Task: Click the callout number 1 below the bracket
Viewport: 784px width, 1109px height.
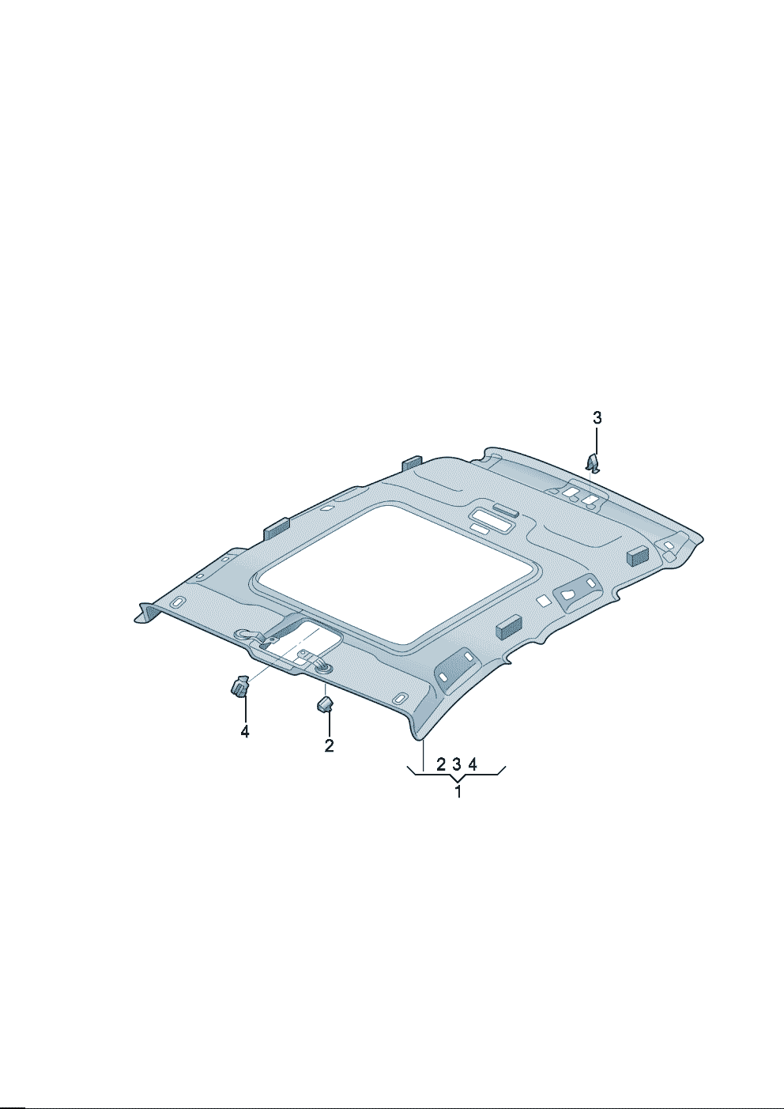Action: point(458,791)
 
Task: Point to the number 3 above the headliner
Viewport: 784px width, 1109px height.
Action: point(597,418)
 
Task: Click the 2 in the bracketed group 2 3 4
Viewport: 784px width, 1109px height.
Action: point(441,764)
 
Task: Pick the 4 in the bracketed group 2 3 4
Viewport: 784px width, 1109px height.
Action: point(473,764)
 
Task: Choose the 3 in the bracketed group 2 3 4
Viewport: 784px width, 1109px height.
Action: point(457,764)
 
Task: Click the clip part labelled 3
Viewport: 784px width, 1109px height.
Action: point(593,463)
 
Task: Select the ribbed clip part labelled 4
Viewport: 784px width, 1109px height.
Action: point(239,687)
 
